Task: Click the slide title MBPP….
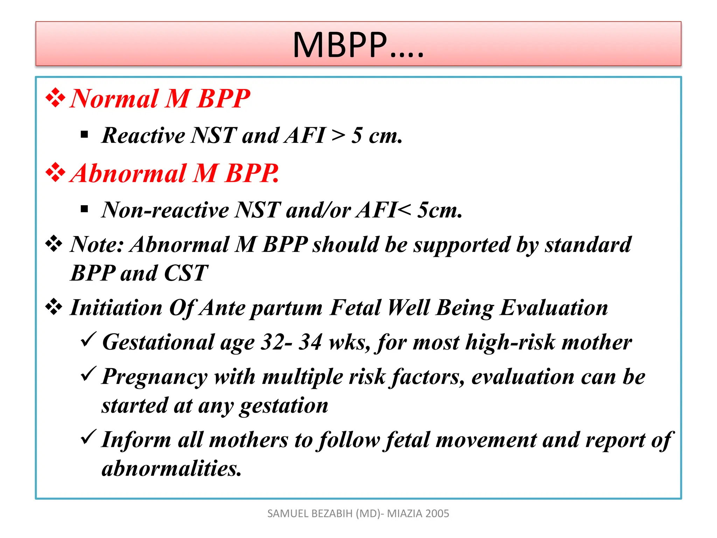click(x=358, y=45)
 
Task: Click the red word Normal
click(x=114, y=99)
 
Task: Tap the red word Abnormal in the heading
click(x=128, y=173)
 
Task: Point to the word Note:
click(x=97, y=244)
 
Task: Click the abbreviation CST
click(x=186, y=273)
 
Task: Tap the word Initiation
click(x=116, y=308)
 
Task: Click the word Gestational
click(x=158, y=342)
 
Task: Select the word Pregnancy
click(x=154, y=378)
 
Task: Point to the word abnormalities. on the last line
click(x=171, y=469)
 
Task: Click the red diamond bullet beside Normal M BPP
click(x=55, y=98)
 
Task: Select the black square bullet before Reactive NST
click(x=84, y=135)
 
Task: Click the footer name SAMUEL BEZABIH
click(x=310, y=513)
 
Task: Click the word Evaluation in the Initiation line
click(x=554, y=308)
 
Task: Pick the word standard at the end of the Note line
click(x=588, y=244)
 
